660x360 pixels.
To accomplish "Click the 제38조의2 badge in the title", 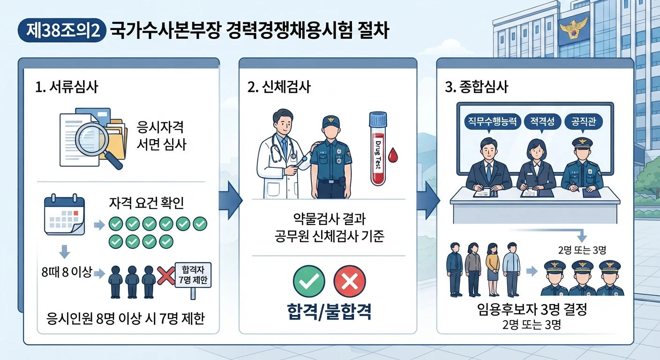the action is click(62, 30).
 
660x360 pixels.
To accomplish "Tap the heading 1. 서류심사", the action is click(67, 87).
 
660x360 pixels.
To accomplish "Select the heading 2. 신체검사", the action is click(279, 87).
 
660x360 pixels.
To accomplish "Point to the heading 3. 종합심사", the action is click(476, 87).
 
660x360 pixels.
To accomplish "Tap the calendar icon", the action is click(65, 214).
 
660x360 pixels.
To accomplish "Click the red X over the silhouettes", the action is click(166, 276).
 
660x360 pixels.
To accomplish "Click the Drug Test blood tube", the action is click(378, 149).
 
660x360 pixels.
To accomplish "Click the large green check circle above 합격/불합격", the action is click(309, 281).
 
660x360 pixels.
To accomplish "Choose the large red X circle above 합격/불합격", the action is click(350, 281).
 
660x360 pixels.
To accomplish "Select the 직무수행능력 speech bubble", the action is click(492, 122).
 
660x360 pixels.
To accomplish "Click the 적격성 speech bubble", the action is click(542, 122).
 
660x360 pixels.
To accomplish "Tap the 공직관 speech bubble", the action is click(584, 122).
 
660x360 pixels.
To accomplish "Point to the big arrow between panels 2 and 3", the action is click(429, 200).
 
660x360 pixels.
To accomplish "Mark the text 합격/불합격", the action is click(329, 311).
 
